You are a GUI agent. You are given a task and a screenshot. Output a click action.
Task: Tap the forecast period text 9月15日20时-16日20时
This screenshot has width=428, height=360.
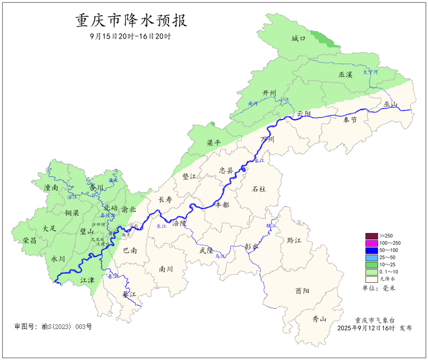pyautogui.click(x=130, y=36)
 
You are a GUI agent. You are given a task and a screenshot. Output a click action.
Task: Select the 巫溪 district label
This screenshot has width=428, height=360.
pyautogui.click(x=345, y=74)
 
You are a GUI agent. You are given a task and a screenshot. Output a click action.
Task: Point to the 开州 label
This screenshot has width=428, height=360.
pyautogui.click(x=269, y=93)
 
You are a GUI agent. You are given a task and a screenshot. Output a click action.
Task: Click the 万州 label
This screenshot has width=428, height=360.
pyautogui.click(x=267, y=140)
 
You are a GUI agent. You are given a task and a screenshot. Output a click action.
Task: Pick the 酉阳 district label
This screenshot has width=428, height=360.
pyautogui.click(x=302, y=291)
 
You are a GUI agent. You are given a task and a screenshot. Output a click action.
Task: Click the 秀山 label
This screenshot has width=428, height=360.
pyautogui.click(x=319, y=319)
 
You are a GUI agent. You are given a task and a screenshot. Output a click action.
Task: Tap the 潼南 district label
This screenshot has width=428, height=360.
pyautogui.click(x=51, y=188)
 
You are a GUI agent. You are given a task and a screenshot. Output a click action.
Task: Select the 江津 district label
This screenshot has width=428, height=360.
pyautogui.click(x=88, y=280)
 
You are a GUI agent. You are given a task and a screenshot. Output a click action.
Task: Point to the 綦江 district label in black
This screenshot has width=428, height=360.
pyautogui.click(x=129, y=295)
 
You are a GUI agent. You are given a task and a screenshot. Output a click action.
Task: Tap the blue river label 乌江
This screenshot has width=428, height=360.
pyautogui.click(x=220, y=257)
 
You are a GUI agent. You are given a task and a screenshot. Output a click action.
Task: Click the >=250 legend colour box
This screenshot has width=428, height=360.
pyautogui.click(x=371, y=236)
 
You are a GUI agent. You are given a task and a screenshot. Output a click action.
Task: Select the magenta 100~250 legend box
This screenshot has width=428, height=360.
pyautogui.click(x=371, y=243)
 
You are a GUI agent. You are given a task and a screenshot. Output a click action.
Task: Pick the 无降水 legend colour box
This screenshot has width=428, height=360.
pyautogui.click(x=371, y=279)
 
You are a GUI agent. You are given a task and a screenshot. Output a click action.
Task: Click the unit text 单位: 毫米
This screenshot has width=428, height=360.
pyautogui.click(x=379, y=288)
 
